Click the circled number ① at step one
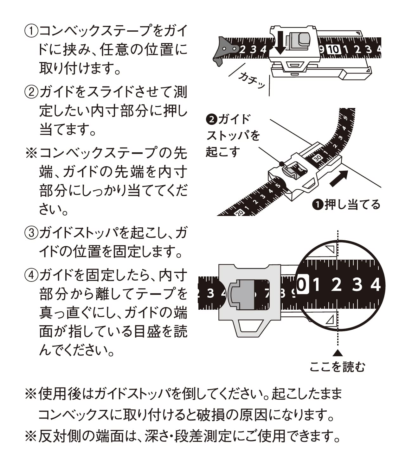click(31, 31)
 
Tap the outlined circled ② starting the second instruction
click(31, 92)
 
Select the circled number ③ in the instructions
click(31, 233)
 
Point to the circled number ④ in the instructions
click(31, 275)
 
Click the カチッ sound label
click(252, 80)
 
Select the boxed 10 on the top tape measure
click(333, 49)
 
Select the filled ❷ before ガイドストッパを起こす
click(210, 119)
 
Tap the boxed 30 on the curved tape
click(318, 158)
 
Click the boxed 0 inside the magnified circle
click(302, 284)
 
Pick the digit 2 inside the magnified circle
click(336, 284)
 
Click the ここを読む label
click(337, 367)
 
